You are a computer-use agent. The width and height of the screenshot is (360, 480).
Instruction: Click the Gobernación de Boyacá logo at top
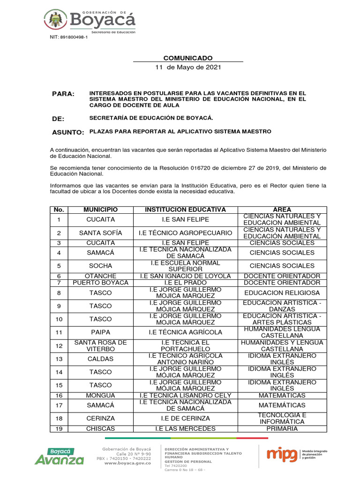click(90, 20)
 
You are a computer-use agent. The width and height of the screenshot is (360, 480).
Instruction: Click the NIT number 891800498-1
click(68, 37)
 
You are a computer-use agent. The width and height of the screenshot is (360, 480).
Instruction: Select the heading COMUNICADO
click(187, 58)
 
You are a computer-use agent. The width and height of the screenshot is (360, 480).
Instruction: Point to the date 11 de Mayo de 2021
click(187, 67)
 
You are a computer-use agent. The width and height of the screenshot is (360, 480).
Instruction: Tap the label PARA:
click(63, 94)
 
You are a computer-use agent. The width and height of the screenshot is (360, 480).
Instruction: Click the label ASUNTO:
click(68, 133)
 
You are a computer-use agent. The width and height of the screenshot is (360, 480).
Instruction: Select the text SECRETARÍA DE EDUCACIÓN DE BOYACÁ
click(151, 118)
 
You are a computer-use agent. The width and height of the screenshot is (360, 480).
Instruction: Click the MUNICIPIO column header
click(100, 210)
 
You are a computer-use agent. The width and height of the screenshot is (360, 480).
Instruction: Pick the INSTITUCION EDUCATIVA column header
click(185, 210)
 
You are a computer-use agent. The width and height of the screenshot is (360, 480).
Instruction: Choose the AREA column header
click(282, 210)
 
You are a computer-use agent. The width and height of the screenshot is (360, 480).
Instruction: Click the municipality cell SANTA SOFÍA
click(100, 233)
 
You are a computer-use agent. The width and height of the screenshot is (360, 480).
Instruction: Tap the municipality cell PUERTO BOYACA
click(100, 283)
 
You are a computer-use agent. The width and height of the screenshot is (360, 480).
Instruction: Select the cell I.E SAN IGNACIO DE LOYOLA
click(185, 276)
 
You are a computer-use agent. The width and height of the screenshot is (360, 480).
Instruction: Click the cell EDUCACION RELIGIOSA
click(282, 293)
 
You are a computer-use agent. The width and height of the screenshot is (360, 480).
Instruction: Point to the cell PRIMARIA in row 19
click(282, 428)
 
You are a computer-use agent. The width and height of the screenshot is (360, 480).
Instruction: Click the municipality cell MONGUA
click(100, 395)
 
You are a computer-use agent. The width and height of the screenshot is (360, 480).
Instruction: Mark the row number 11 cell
click(59, 332)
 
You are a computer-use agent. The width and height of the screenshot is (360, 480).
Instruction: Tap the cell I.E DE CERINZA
click(185, 418)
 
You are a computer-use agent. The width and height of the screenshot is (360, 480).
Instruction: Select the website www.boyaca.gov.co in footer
click(127, 463)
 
